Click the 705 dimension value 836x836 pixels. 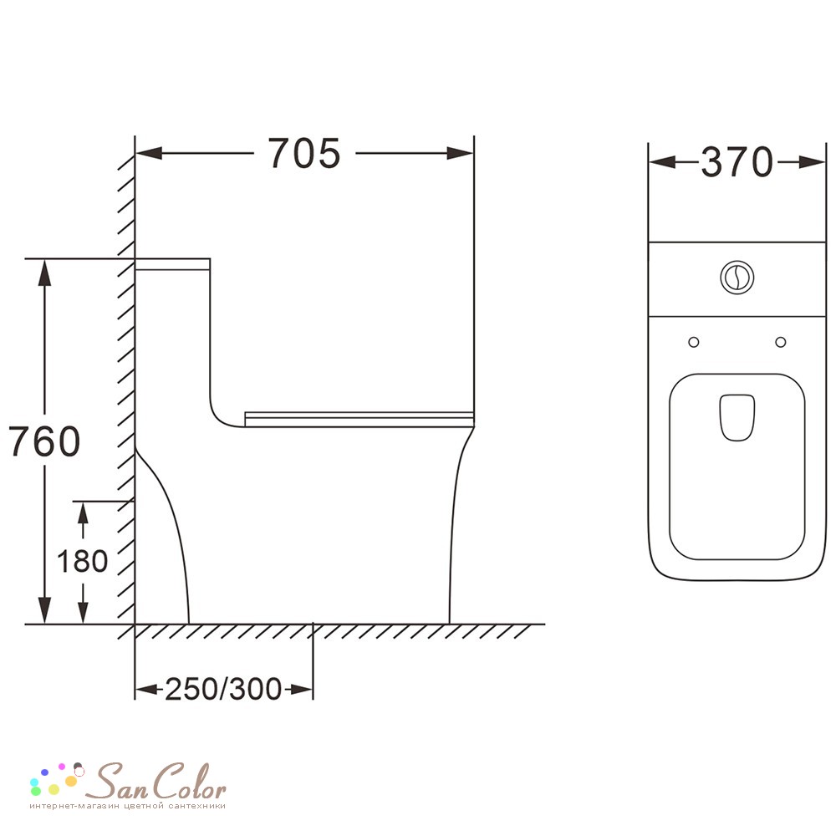click(303, 154)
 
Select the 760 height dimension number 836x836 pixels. click(45, 441)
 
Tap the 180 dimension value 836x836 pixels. click(82, 561)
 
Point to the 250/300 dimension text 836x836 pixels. click(223, 689)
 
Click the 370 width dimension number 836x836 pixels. click(737, 162)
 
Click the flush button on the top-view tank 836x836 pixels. click(737, 278)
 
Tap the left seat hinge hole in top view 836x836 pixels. click(694, 342)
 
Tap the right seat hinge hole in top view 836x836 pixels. click(781, 342)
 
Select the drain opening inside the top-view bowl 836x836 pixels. click(737, 417)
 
